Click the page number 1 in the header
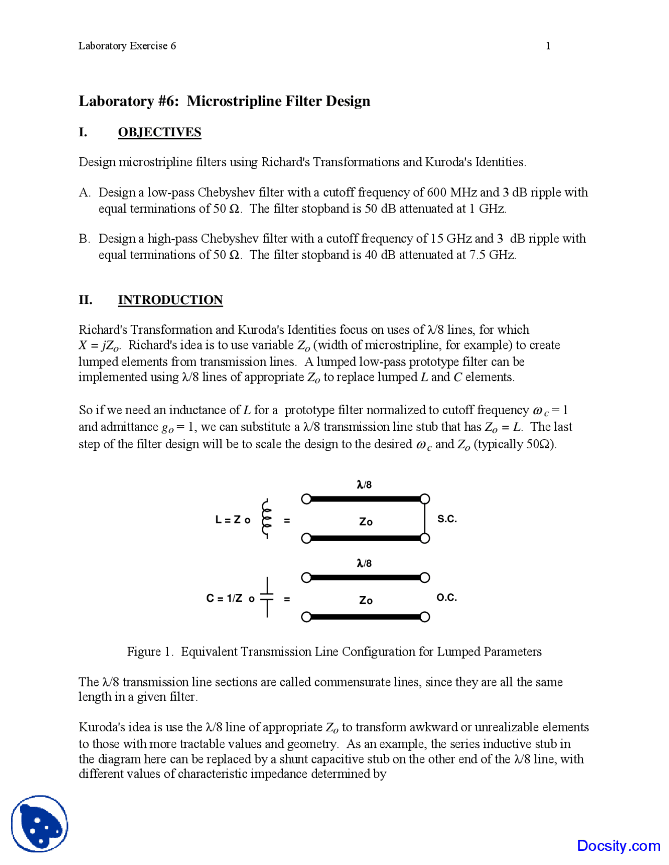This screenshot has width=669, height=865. [548, 46]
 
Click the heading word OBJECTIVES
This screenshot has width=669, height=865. [159, 132]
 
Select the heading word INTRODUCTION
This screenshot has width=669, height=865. [170, 300]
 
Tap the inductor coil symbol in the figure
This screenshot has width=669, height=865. [267, 518]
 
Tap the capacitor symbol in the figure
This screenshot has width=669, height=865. [267, 597]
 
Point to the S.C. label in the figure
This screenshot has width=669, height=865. [447, 519]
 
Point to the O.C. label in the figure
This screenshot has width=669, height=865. [446, 598]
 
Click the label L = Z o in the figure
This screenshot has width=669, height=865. [233, 520]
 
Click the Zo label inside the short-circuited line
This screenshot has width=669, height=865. [366, 521]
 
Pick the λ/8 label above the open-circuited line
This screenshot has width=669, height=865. [364, 563]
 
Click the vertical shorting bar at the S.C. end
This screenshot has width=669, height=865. [425, 519]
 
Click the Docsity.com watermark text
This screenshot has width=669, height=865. [618, 846]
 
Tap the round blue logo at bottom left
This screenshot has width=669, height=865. [40, 824]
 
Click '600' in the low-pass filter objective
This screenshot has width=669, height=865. [436, 193]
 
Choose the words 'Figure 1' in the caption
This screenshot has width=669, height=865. [149, 652]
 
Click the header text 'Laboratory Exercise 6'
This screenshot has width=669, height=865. [127, 46]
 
